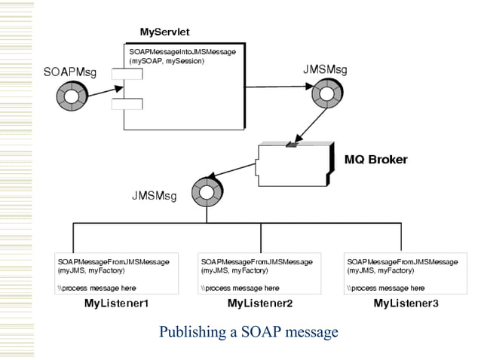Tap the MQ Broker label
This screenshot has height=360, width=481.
375,160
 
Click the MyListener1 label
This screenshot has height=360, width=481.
115,304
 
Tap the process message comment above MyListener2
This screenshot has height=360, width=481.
240,288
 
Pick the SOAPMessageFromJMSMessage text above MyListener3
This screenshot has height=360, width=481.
402,261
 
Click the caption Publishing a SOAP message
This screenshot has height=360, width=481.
249,332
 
